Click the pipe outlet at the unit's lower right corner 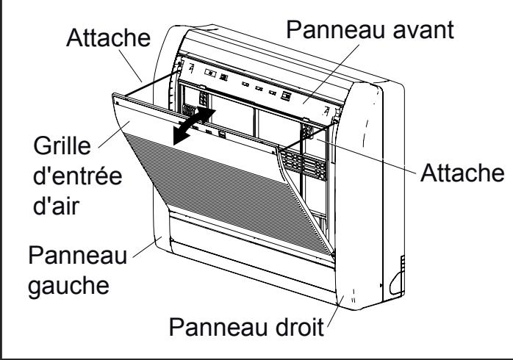[398, 280]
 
